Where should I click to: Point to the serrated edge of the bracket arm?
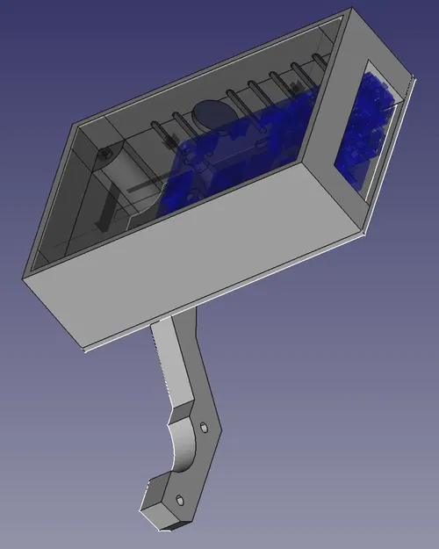click(x=163, y=369)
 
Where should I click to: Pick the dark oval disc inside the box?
click(x=210, y=114)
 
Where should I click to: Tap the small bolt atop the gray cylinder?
click(x=106, y=152)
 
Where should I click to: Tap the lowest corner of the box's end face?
click(x=363, y=233)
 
